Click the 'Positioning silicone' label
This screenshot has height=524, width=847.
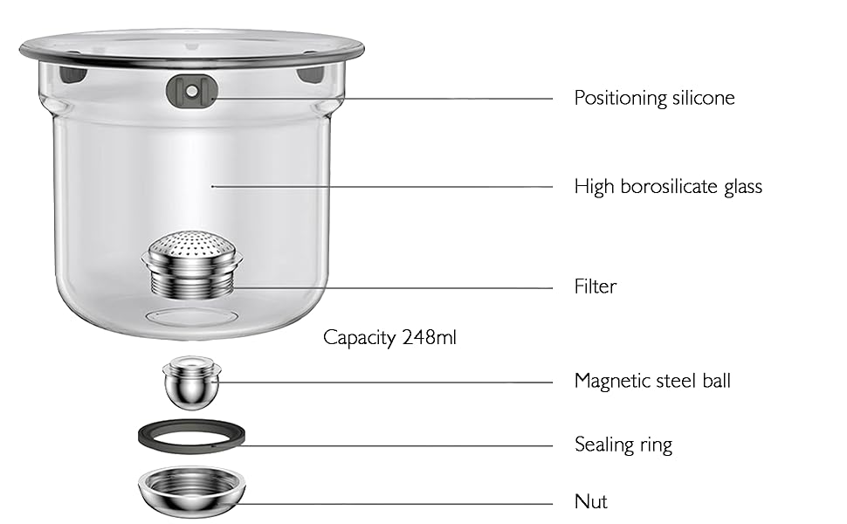[654, 98]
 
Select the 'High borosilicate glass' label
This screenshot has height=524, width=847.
[668, 186]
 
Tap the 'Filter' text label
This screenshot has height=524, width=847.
[595, 286]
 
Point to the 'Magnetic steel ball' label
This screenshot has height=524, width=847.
[652, 381]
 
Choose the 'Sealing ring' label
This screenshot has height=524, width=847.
[623, 445]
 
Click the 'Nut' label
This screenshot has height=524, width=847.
[590, 501]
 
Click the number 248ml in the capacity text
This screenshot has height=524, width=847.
[429, 337]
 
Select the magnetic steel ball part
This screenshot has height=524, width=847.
[191, 383]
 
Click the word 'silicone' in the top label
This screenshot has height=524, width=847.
[703, 98]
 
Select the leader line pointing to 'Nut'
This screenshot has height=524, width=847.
[393, 504]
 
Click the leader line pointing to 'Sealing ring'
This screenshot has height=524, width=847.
[393, 446]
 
